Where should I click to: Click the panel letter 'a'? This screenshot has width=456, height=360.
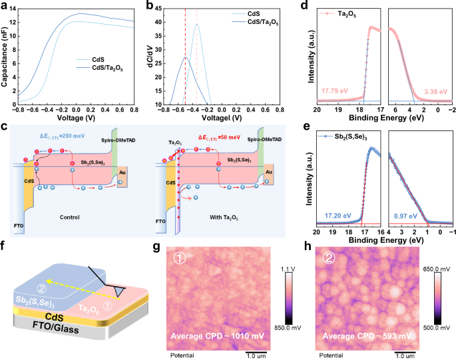[x=5, y=6]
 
